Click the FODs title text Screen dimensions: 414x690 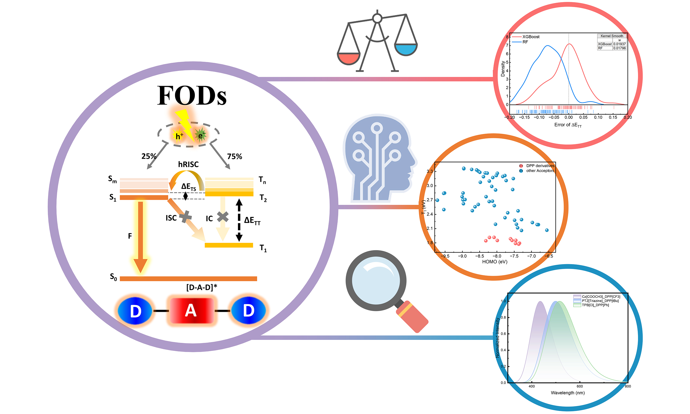192,95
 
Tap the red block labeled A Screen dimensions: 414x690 191,311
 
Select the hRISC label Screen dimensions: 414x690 188,164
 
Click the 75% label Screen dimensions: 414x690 234,157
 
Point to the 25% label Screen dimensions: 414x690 149,156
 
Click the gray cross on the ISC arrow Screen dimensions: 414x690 185,216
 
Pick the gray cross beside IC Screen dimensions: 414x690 223,216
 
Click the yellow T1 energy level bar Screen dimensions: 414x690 229,245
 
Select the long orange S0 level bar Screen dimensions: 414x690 188,279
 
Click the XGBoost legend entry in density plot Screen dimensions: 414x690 530,37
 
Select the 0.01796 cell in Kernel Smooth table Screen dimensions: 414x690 619,48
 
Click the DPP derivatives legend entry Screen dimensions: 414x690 540,166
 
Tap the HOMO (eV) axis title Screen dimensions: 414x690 495,262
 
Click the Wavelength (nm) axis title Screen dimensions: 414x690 568,393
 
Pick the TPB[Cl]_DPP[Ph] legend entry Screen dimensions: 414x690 595,305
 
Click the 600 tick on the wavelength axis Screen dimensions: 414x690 579,387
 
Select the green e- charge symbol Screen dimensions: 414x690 200,136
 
